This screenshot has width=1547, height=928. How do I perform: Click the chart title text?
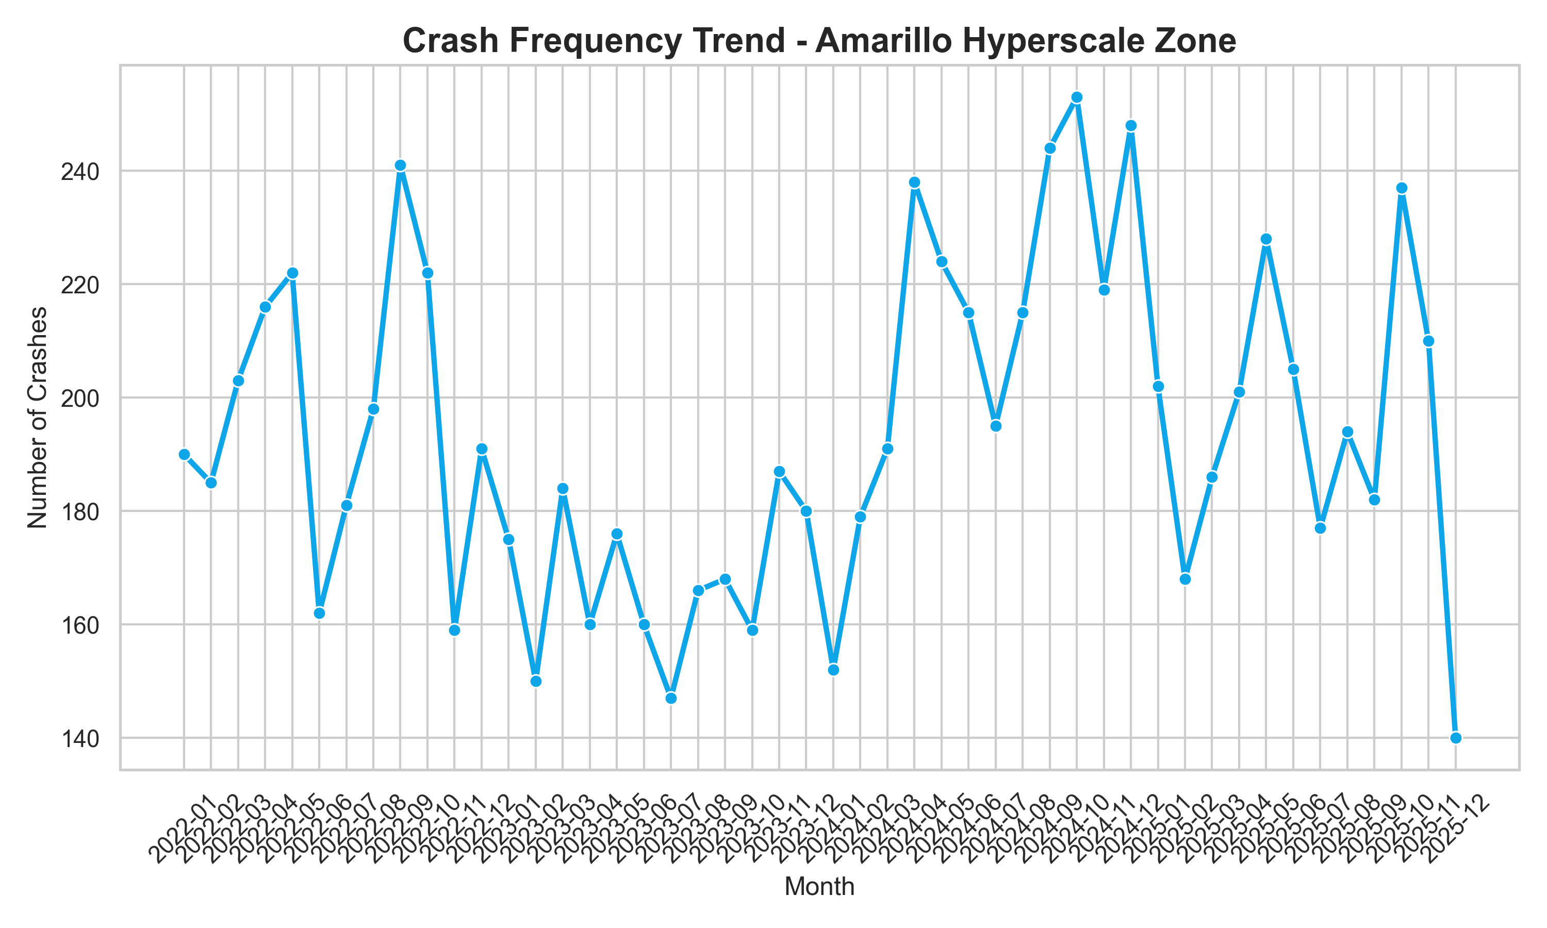pos(819,41)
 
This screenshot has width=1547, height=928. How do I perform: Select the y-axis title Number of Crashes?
pos(38,417)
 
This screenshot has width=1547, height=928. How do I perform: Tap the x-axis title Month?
pos(819,887)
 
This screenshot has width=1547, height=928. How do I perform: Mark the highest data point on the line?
pos(1077,97)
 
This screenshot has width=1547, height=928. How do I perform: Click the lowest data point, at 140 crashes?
pos(1456,738)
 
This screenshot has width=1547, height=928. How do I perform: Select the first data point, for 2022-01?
pos(184,455)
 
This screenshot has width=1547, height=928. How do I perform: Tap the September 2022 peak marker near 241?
pos(400,165)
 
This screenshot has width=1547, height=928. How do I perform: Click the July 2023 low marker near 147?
pos(671,698)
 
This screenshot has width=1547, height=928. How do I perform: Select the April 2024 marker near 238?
pos(914,183)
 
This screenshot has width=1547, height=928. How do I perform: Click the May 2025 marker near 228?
pos(1266,240)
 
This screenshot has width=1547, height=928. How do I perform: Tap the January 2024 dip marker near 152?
pos(833,670)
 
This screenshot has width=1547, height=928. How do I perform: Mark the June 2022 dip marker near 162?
pos(319,613)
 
